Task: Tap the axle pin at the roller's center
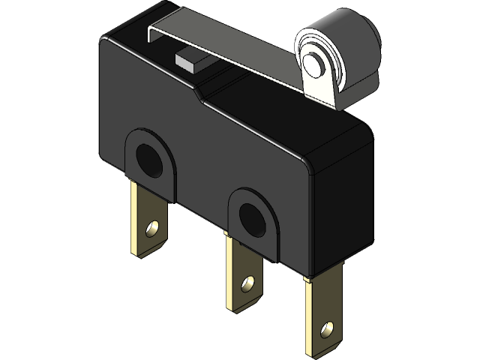pyautogui.click(x=313, y=63)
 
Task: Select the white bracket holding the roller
pyautogui.click(x=314, y=88)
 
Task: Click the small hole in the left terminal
pyautogui.click(x=152, y=226)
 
